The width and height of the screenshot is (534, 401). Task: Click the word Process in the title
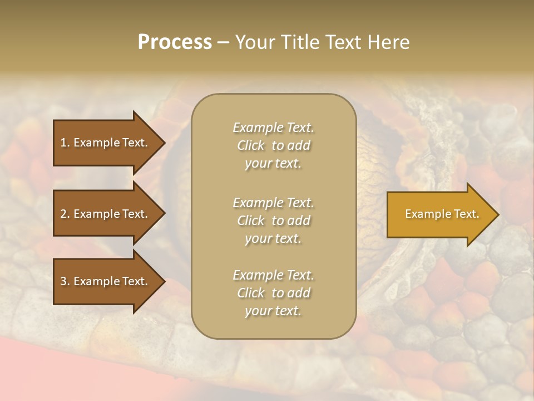(175, 42)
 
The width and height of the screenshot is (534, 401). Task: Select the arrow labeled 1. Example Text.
(104, 143)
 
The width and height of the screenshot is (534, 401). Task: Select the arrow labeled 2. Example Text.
(104, 214)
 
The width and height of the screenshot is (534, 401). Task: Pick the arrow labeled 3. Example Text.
(104, 281)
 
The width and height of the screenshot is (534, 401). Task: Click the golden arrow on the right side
(439, 214)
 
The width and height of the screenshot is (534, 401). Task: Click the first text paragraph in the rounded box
(273, 145)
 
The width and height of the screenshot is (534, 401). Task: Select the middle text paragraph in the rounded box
(273, 221)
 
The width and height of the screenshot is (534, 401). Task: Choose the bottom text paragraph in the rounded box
(273, 293)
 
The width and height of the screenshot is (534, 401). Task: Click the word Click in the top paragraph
(251, 145)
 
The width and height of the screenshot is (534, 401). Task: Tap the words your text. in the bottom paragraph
(273, 311)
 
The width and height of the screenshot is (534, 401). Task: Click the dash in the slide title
(223, 43)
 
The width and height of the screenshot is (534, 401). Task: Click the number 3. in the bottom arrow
(65, 281)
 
